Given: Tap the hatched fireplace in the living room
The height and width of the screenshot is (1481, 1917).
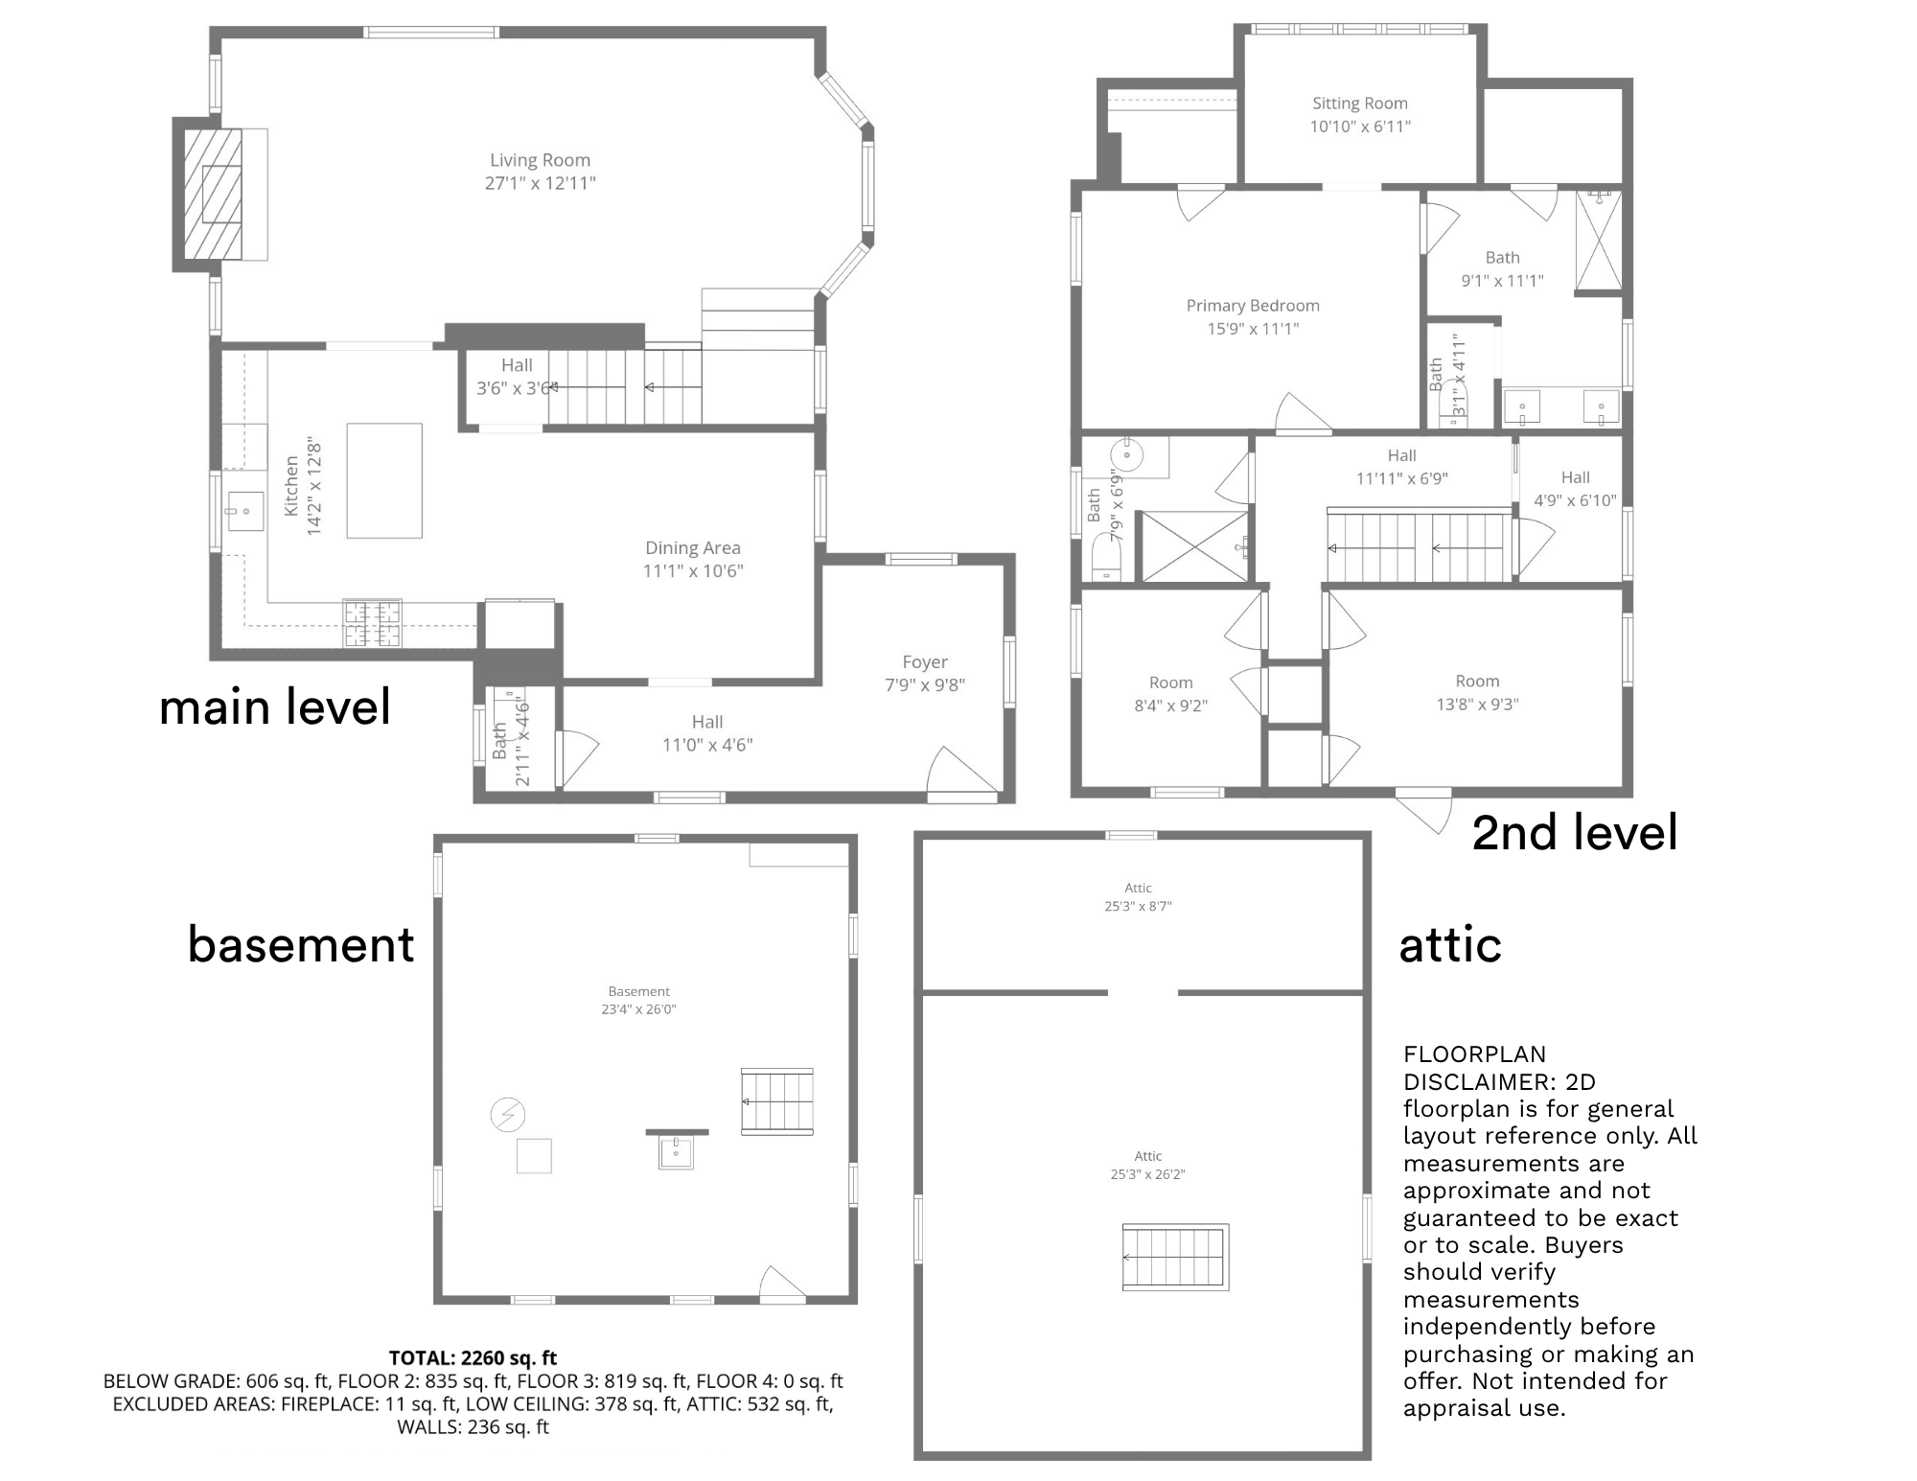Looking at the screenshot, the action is pyautogui.click(x=213, y=194).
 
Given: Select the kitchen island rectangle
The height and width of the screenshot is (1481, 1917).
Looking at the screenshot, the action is pyautogui.click(x=384, y=480).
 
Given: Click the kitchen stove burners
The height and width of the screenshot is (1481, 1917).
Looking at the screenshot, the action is pyautogui.click(x=372, y=622).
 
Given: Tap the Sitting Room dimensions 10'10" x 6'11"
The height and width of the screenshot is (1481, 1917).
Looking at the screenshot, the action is pyautogui.click(x=1360, y=127).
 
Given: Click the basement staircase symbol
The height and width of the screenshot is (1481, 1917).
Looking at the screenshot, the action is pyautogui.click(x=777, y=1101).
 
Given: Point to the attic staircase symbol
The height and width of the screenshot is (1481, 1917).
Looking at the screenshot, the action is pyautogui.click(x=1175, y=1257).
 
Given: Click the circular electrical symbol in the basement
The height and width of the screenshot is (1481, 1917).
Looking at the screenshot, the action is pyautogui.click(x=508, y=1114).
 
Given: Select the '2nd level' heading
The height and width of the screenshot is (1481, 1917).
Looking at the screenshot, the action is pyautogui.click(x=1575, y=832).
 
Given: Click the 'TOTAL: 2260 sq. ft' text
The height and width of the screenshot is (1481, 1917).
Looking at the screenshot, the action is pyautogui.click(x=473, y=1357).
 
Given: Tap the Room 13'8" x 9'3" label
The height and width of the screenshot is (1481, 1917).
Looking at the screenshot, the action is pyautogui.click(x=1477, y=692).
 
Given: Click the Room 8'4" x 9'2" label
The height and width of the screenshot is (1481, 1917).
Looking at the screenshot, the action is pyautogui.click(x=1170, y=694).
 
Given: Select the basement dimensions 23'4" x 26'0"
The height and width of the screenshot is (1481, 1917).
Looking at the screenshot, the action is pyautogui.click(x=638, y=1009).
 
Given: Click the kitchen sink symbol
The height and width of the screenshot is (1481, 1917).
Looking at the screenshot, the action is pyautogui.click(x=244, y=511).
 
